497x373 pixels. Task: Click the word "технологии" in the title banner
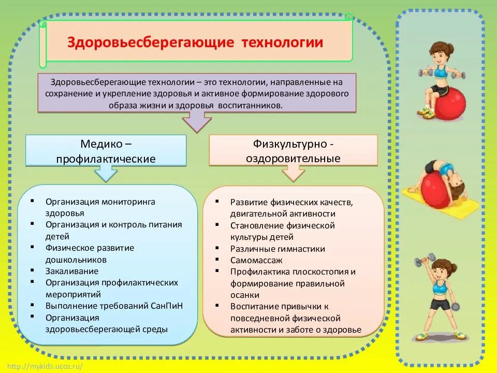282,42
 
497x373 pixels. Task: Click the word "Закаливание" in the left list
71,271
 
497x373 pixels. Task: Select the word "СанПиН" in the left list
166,306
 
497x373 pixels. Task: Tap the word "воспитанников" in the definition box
254,105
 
